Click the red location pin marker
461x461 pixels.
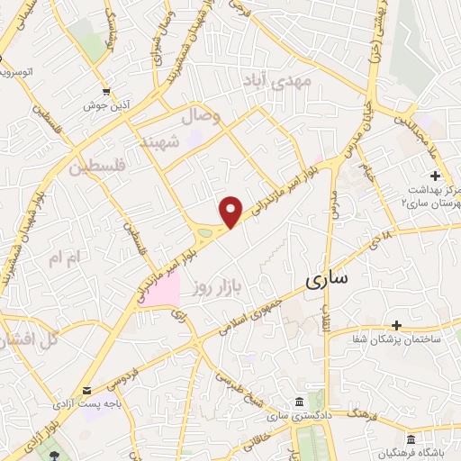232,212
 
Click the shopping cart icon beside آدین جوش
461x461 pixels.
107,91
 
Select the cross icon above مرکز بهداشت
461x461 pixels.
436,176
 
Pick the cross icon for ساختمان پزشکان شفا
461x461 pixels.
396,324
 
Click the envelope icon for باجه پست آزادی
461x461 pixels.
87,390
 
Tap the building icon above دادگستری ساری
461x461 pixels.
299,401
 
